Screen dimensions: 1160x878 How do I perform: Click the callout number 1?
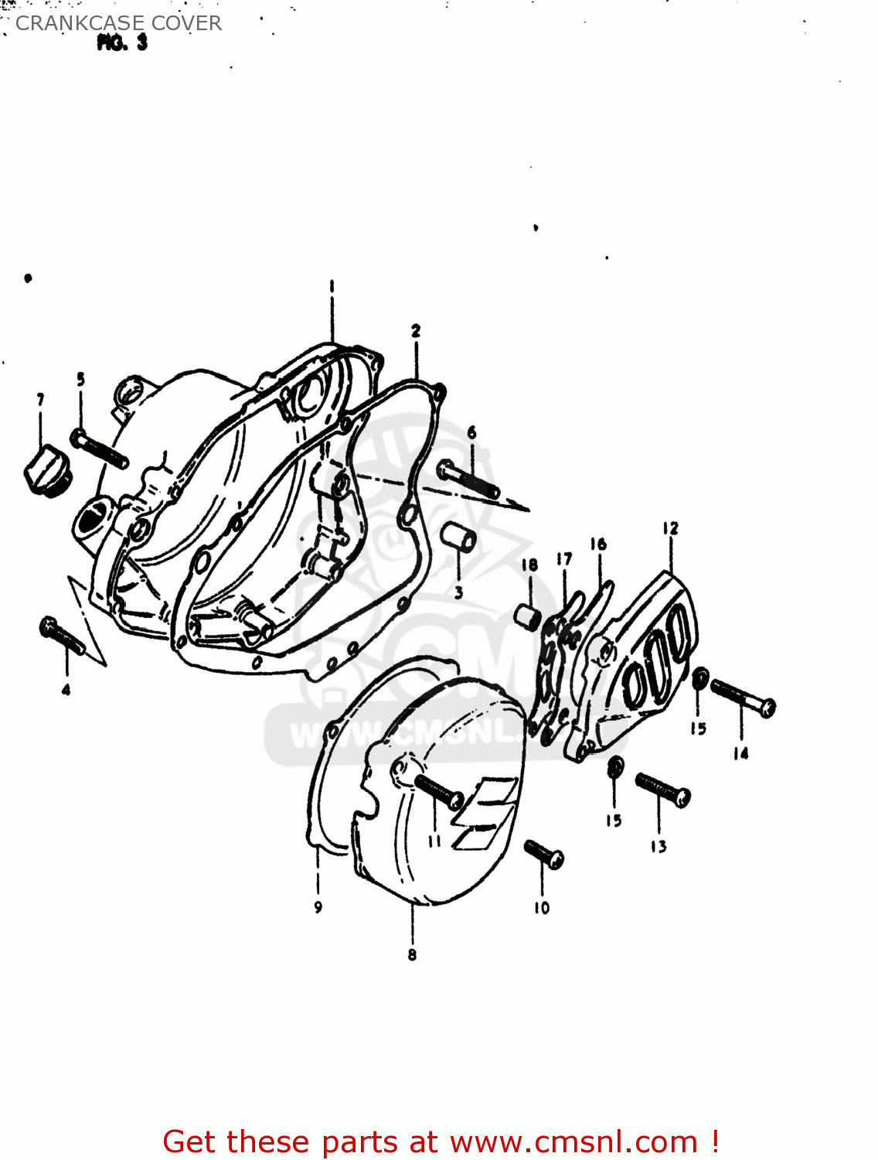click(x=332, y=286)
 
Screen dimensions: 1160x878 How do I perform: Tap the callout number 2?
click(x=416, y=331)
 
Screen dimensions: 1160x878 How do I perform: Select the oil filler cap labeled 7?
click(x=47, y=469)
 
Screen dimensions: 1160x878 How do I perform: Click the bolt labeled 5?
click(x=100, y=449)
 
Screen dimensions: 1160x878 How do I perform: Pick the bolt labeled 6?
click(x=468, y=479)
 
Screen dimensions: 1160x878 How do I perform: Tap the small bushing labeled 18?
click(x=529, y=616)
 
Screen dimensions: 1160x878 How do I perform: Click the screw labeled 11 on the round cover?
click(x=438, y=790)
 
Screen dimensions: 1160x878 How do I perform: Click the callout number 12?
click(x=670, y=528)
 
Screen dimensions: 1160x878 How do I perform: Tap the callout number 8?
click(x=412, y=955)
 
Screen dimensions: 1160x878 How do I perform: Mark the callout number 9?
click(x=318, y=907)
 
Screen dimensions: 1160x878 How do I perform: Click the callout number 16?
click(x=598, y=544)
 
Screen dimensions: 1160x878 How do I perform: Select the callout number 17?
click(x=564, y=558)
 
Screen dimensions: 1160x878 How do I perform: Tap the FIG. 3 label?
click(x=122, y=43)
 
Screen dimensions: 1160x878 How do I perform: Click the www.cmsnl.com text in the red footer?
click(x=573, y=1142)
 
